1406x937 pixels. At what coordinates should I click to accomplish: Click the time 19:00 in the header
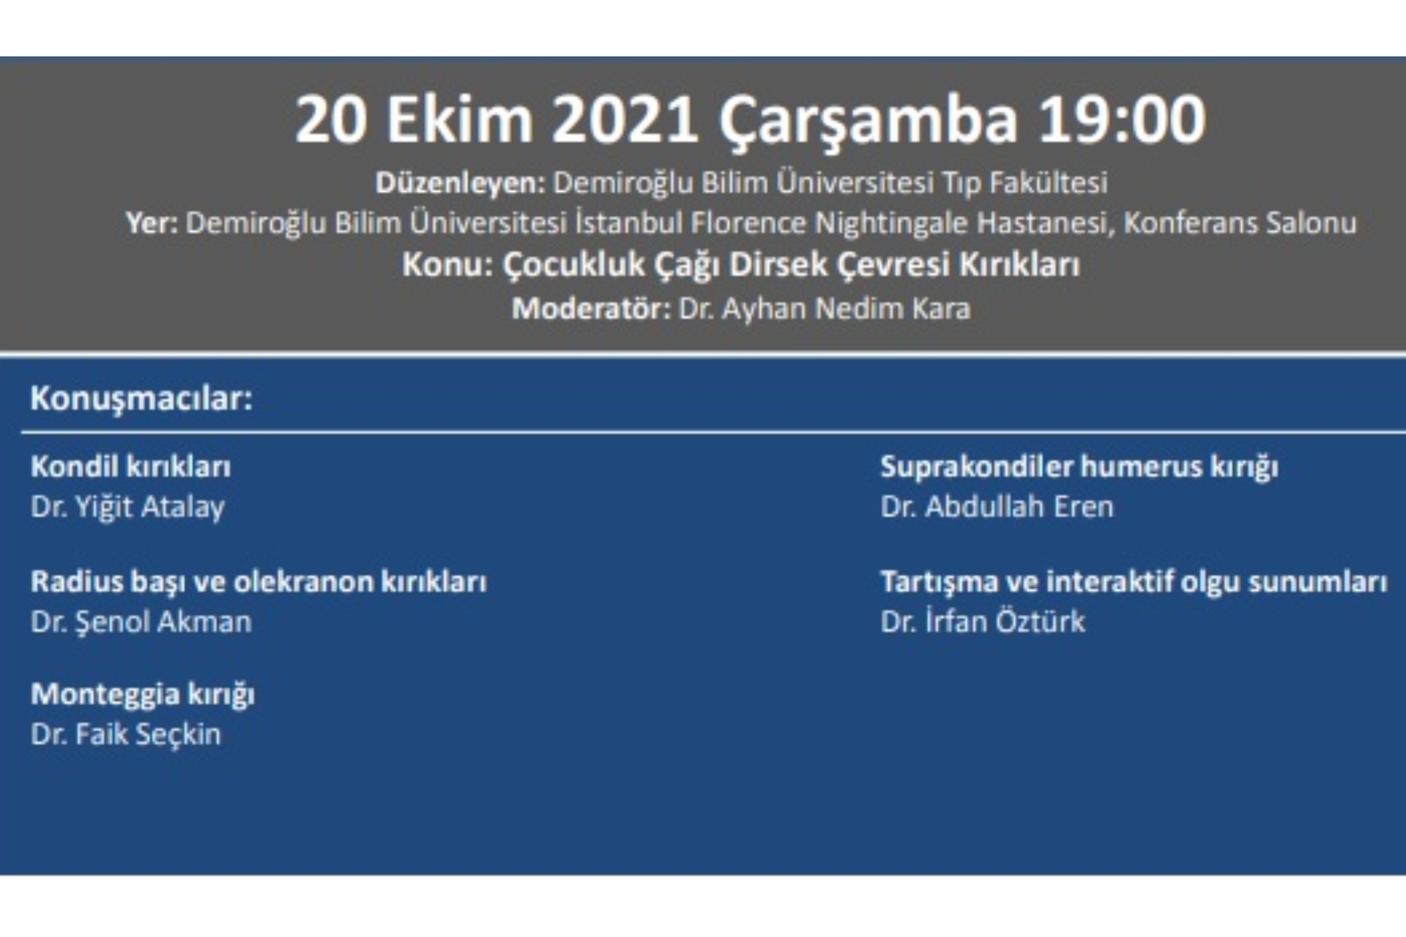1121,119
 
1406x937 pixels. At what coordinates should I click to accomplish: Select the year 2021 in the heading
624,119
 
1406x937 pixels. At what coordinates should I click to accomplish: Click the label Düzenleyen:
460,183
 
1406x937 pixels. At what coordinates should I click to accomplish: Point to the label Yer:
152,223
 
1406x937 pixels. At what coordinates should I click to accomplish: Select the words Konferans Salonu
1240,223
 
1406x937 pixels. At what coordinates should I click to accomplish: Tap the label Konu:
447,264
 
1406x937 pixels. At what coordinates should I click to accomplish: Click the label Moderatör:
591,308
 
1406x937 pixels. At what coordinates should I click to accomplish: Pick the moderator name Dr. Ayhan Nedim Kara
825,308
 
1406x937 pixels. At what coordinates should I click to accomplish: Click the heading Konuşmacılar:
141,399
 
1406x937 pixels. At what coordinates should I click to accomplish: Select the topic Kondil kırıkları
131,466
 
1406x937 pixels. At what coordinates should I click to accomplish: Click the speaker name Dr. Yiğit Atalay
127,507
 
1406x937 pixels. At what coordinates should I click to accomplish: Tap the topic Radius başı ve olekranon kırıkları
258,582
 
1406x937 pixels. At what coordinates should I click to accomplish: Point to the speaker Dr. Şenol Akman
141,621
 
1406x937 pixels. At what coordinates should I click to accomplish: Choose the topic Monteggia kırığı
143,694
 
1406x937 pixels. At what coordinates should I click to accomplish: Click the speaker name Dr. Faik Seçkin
125,734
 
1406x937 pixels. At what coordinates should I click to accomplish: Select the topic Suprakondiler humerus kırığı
1079,467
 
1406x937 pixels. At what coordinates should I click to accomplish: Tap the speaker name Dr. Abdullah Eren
997,507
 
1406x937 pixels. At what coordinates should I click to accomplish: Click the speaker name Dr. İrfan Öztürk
983,621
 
